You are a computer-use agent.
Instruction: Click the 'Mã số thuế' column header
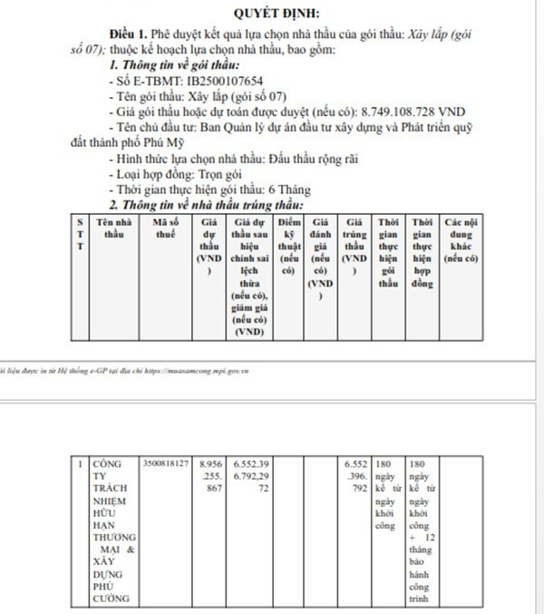(165, 228)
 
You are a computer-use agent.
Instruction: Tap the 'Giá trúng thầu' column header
(355, 239)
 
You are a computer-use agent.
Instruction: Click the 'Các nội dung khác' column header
(460, 239)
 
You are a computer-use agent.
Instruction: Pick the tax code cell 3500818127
(165, 463)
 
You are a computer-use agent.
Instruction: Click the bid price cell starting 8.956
(210, 475)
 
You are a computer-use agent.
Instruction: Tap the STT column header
(81, 233)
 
